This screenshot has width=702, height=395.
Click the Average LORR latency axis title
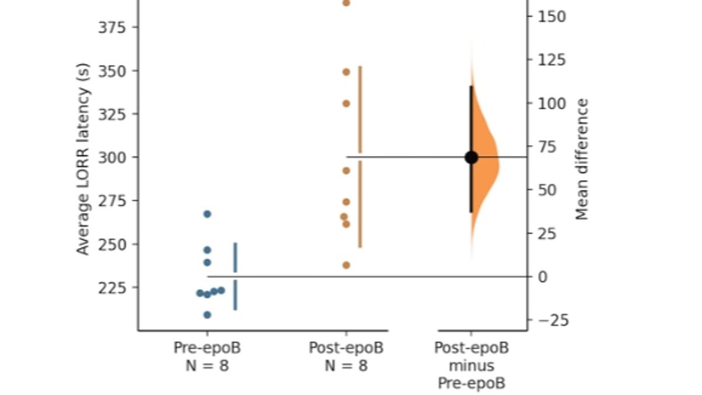point(83,158)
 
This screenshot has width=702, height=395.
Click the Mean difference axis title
point(581,159)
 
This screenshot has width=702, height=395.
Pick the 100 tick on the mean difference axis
point(552,104)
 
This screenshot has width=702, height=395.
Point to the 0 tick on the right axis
point(542,277)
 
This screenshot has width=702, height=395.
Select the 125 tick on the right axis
point(552,60)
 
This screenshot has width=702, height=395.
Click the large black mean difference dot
point(471,157)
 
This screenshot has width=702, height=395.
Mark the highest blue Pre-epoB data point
point(207,214)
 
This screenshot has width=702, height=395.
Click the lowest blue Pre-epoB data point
point(207,315)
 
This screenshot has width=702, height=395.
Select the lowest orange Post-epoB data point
point(346,265)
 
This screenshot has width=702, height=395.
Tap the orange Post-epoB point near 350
point(346,72)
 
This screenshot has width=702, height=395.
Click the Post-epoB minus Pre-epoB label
point(471,366)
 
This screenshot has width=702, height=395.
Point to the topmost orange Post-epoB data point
point(346,3)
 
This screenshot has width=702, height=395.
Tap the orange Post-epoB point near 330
point(346,104)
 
